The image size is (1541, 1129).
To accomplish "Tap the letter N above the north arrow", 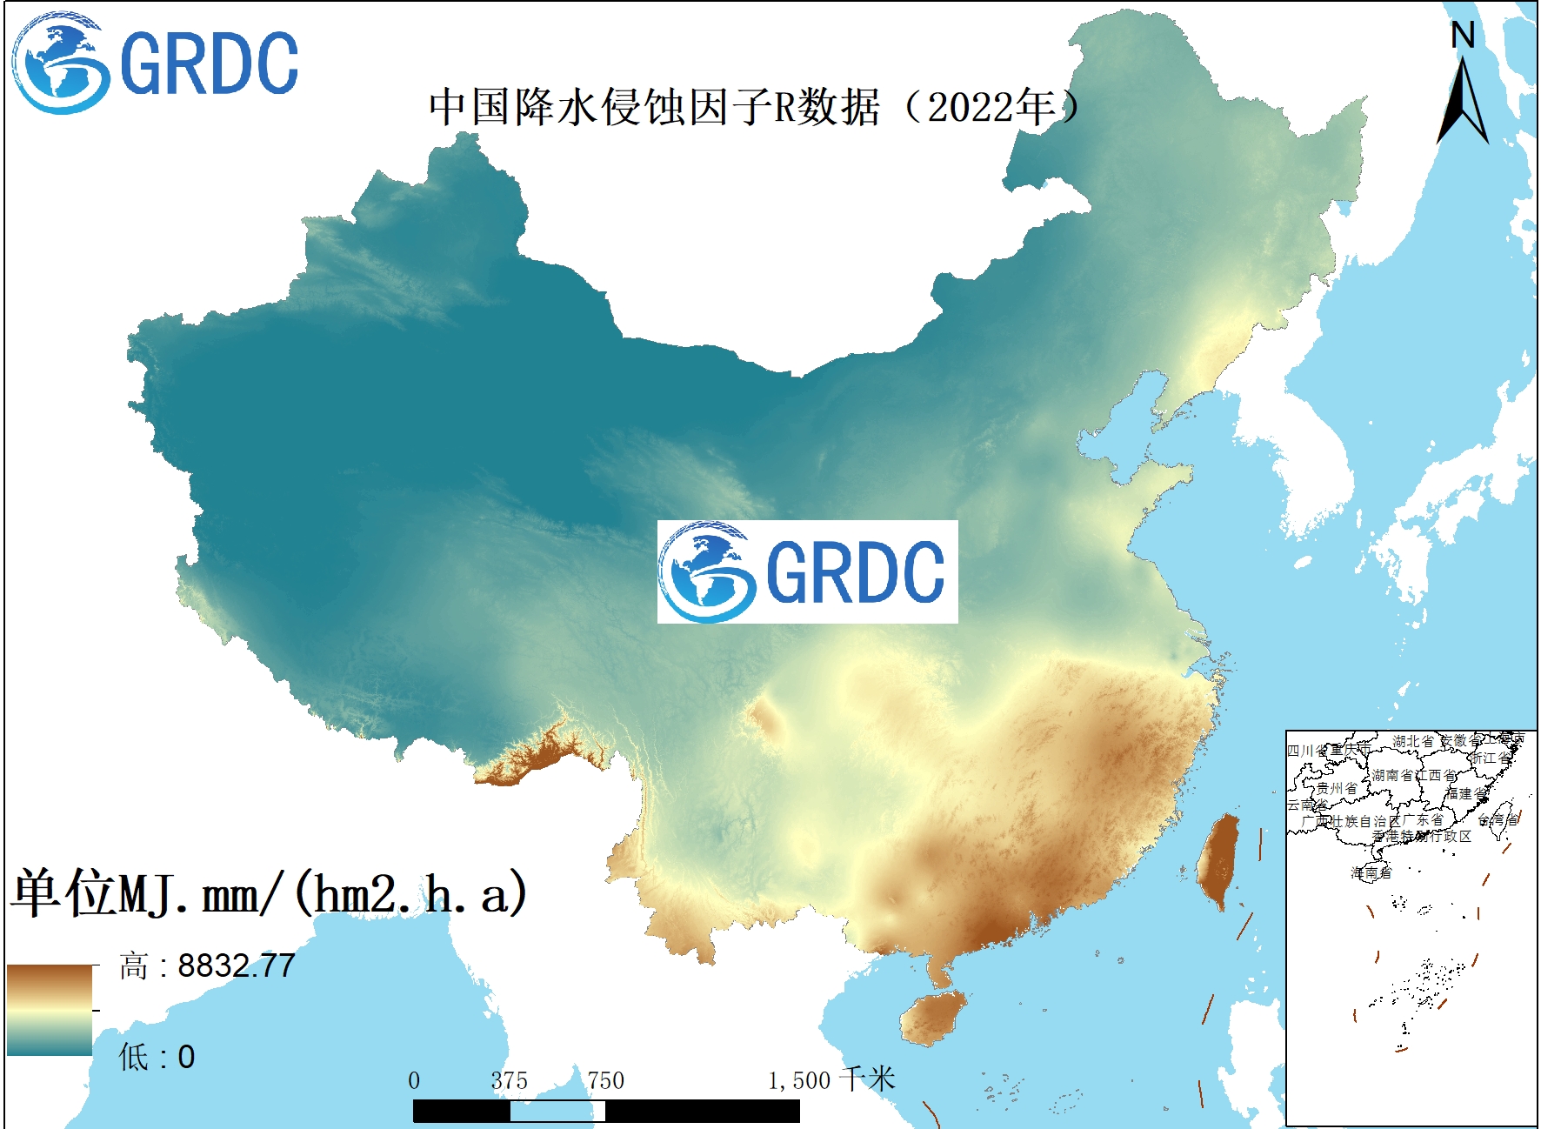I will (x=1463, y=36).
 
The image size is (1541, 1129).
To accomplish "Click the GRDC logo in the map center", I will (x=806, y=571).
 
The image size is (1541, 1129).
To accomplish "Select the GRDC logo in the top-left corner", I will (x=155, y=63).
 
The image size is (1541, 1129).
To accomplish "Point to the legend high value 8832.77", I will (x=236, y=965).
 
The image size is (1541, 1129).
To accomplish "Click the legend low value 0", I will (x=186, y=1057).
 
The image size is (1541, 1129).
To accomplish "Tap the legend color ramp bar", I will (x=50, y=1010).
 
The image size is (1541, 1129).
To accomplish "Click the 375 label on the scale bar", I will (x=509, y=1081).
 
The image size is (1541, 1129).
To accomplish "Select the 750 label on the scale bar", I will (x=605, y=1081).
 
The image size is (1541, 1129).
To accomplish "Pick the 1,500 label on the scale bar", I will (x=799, y=1081).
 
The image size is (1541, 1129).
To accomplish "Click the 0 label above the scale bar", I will (x=414, y=1081).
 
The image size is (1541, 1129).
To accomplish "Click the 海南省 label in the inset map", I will (x=1371, y=872).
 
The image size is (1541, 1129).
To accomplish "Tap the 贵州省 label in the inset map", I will (x=1336, y=788).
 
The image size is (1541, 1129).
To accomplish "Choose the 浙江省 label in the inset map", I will (x=1490, y=758).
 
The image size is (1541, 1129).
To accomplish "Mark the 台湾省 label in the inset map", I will (x=1498, y=819).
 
